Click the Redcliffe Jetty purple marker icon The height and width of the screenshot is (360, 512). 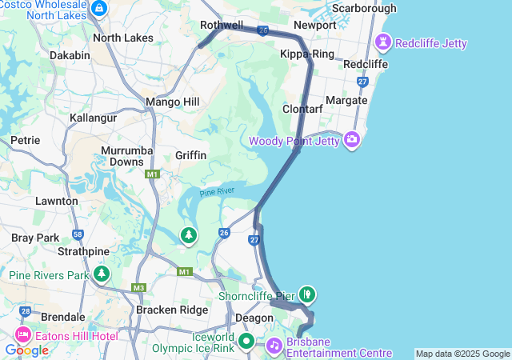point(383,42)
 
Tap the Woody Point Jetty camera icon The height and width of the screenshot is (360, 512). point(352,141)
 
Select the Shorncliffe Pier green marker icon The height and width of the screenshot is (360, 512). point(307,294)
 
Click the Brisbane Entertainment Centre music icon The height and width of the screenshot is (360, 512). point(274,345)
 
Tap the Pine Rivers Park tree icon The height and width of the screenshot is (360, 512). point(102,274)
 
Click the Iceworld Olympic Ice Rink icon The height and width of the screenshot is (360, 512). point(247,342)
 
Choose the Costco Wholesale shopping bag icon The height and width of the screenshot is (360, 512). point(99,9)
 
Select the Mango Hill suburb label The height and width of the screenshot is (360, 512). point(172,102)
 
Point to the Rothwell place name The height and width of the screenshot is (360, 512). point(222,26)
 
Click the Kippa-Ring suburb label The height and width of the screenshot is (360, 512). point(306,54)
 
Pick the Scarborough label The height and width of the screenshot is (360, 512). point(363,8)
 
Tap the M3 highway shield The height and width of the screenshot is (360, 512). point(140,288)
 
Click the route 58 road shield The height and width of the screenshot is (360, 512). point(78,234)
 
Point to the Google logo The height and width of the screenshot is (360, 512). point(26,350)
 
